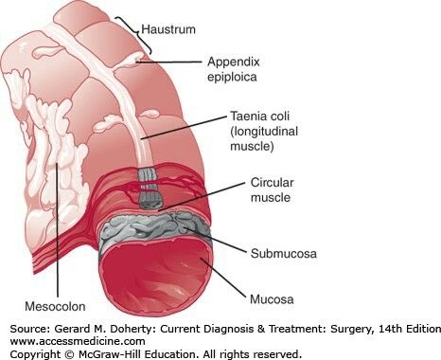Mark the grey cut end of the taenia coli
pyautogui.click(x=149, y=189)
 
